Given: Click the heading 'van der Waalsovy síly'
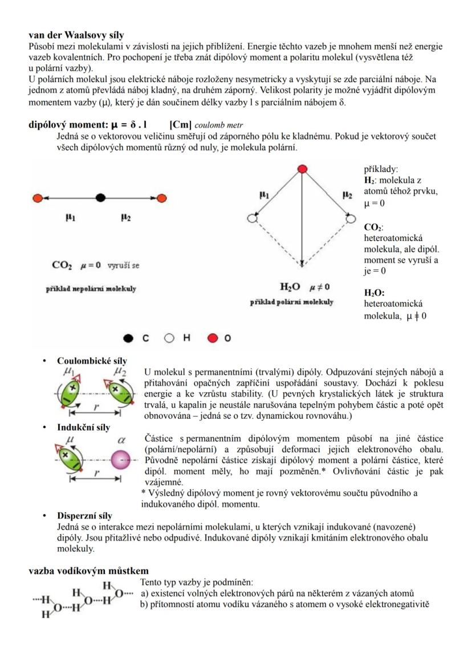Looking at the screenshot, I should [x=76, y=36].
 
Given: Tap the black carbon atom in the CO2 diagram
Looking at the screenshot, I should [x=101, y=198].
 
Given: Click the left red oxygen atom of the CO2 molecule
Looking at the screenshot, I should [x=38, y=198].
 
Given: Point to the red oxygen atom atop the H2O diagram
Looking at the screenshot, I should [x=303, y=169].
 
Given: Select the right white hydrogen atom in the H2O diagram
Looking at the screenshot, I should [x=349, y=218].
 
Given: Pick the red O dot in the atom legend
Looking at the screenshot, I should [x=213, y=338].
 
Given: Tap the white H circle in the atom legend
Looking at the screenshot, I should [x=169, y=338].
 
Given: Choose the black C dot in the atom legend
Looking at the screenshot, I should [x=129, y=338].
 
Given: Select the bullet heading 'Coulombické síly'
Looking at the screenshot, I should [x=92, y=361].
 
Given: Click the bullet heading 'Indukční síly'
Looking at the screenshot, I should [x=83, y=427].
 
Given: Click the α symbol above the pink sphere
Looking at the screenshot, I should [x=121, y=440].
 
